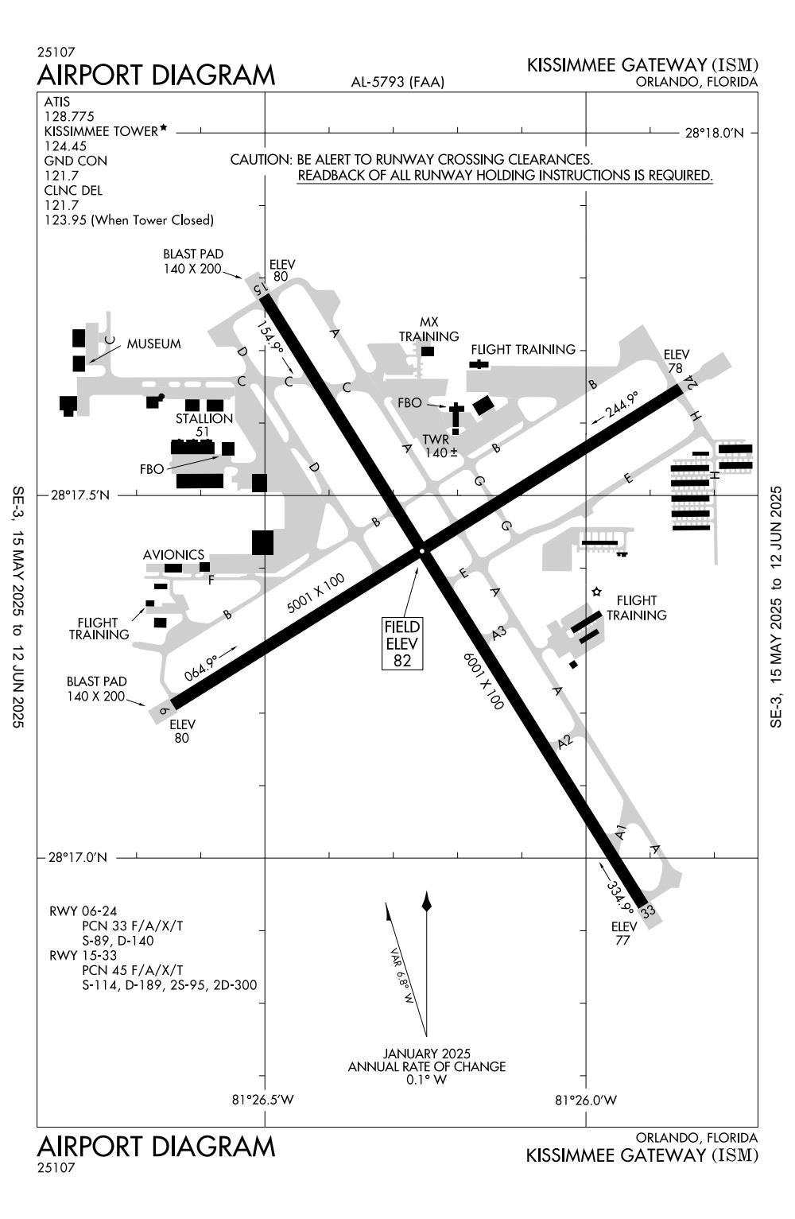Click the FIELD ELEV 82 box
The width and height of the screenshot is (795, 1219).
coord(402,643)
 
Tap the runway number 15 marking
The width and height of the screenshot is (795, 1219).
coord(258,287)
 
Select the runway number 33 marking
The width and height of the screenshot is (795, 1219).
coord(648,911)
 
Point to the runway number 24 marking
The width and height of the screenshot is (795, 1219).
coord(691,382)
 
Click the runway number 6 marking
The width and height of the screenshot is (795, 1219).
coord(163,709)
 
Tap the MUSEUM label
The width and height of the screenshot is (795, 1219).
coord(154,344)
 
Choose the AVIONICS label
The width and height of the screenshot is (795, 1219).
coord(173,554)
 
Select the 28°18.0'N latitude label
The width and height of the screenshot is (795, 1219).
coord(714,133)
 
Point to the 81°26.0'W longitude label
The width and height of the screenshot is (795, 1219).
coord(586,1101)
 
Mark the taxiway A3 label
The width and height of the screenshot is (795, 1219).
coord(498,634)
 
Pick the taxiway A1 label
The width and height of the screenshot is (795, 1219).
coord(622,833)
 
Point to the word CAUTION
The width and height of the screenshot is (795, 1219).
coord(261,161)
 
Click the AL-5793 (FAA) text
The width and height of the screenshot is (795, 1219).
coord(397,82)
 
